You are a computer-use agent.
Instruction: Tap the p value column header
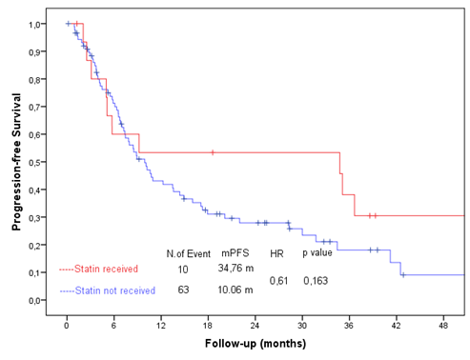pos(318,252)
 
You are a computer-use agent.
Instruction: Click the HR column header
pos(276,252)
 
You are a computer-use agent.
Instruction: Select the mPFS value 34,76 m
pos(235,270)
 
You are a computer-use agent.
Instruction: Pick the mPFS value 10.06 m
pos(235,290)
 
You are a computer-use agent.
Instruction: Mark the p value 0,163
pos(317,281)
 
